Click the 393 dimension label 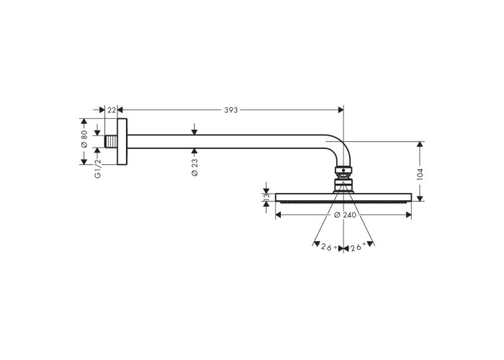coord(231,110)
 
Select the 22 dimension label coord(112,110)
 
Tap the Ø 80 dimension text coord(84,139)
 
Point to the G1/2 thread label coord(98,168)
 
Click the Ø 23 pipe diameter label coord(194,168)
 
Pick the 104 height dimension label coord(420,174)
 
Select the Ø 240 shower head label coord(345,215)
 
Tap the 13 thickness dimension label coord(266,197)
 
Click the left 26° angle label coord(329,247)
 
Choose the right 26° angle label coord(358,247)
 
